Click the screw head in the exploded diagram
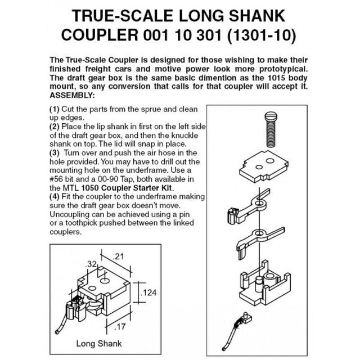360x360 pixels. click(x=271, y=115)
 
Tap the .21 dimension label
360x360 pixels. click(x=119, y=256)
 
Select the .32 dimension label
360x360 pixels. click(x=91, y=264)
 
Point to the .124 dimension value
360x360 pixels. click(x=148, y=292)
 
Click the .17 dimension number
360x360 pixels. click(x=120, y=326)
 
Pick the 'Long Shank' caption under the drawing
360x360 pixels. click(x=99, y=344)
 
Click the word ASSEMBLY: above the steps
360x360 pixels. click(x=72, y=95)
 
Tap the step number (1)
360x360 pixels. click(x=55, y=109)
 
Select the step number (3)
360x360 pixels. click(x=55, y=153)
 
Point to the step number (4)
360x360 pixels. click(x=55, y=196)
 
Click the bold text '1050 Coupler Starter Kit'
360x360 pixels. click(x=127, y=188)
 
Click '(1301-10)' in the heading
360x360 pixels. click(x=262, y=35)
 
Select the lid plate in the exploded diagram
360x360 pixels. click(x=264, y=166)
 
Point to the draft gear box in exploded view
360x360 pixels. click(x=265, y=283)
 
